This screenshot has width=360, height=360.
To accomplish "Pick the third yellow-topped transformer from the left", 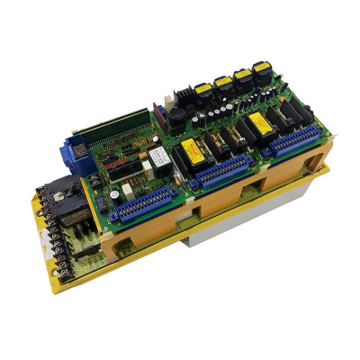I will point(243,74).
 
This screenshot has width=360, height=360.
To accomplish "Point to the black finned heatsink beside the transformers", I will point(181,93).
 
